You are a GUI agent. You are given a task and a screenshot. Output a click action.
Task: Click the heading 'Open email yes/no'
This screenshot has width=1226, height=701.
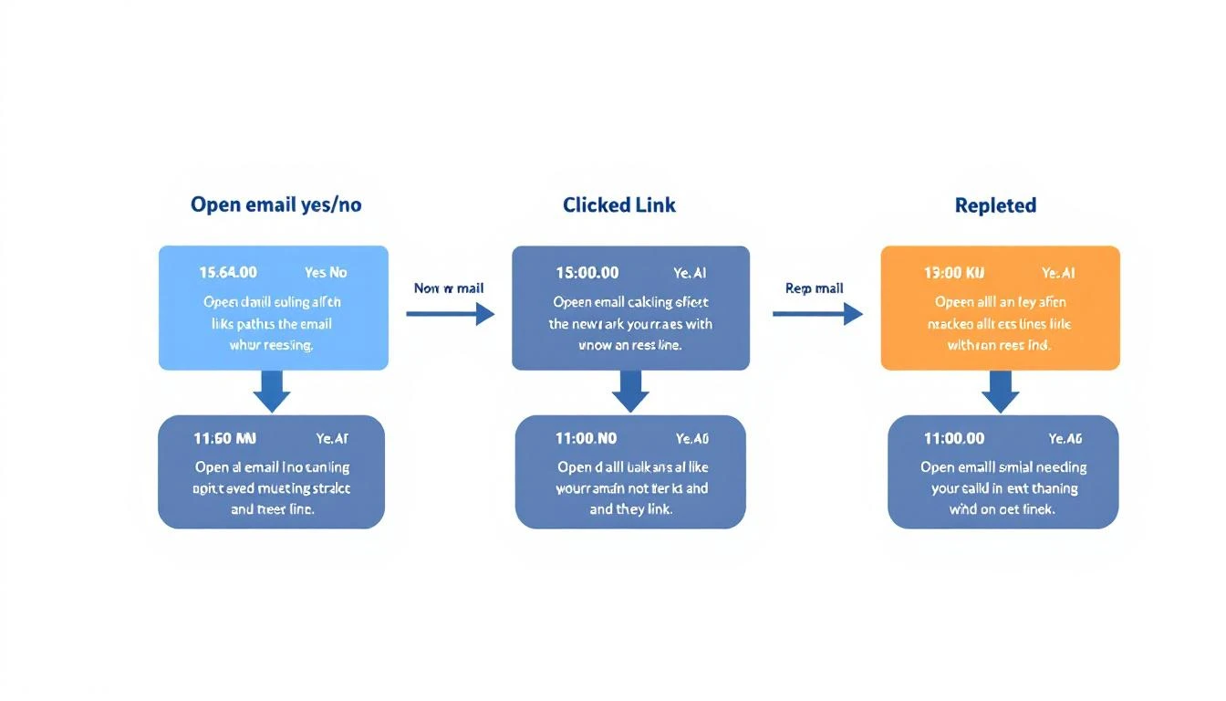click(x=275, y=204)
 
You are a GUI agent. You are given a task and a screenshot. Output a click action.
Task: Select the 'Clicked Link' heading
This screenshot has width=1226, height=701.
click(x=619, y=204)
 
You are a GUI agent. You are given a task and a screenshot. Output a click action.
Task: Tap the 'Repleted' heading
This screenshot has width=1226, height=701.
click(x=995, y=205)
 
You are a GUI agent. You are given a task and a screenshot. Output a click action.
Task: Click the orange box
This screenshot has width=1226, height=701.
click(x=1000, y=308)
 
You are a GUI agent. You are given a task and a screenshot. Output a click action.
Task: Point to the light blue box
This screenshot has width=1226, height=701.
click(x=273, y=308)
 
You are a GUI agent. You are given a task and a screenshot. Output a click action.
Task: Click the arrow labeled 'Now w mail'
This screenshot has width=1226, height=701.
click(x=450, y=314)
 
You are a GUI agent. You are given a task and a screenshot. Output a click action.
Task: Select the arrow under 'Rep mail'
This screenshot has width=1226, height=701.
click(x=817, y=314)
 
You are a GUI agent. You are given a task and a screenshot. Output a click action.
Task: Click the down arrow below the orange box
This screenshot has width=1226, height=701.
click(x=1001, y=392)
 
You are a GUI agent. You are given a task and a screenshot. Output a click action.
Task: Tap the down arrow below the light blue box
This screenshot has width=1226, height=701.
click(x=272, y=392)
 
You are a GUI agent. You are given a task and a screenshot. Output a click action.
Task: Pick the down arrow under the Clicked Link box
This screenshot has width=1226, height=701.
click(x=630, y=392)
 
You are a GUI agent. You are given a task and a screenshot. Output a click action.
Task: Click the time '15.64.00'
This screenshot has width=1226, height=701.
click(x=228, y=272)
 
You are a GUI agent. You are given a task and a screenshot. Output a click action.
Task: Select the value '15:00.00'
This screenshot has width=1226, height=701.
click(x=587, y=272)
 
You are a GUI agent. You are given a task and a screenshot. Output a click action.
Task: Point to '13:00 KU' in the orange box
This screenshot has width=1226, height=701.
click(x=954, y=272)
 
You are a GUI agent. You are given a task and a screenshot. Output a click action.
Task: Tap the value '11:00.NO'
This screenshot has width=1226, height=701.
click(x=586, y=438)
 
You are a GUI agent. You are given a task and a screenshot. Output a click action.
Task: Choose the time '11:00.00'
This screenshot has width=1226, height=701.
click(x=954, y=438)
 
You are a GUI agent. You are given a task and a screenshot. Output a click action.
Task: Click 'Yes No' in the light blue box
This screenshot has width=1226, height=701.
click(x=326, y=272)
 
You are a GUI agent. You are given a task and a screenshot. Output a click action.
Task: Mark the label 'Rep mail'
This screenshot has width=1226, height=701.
click(x=814, y=288)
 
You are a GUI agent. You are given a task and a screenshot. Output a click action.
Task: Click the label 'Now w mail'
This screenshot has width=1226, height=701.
click(x=449, y=288)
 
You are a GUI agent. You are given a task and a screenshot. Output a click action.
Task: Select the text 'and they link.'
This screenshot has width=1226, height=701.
click(x=630, y=509)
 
